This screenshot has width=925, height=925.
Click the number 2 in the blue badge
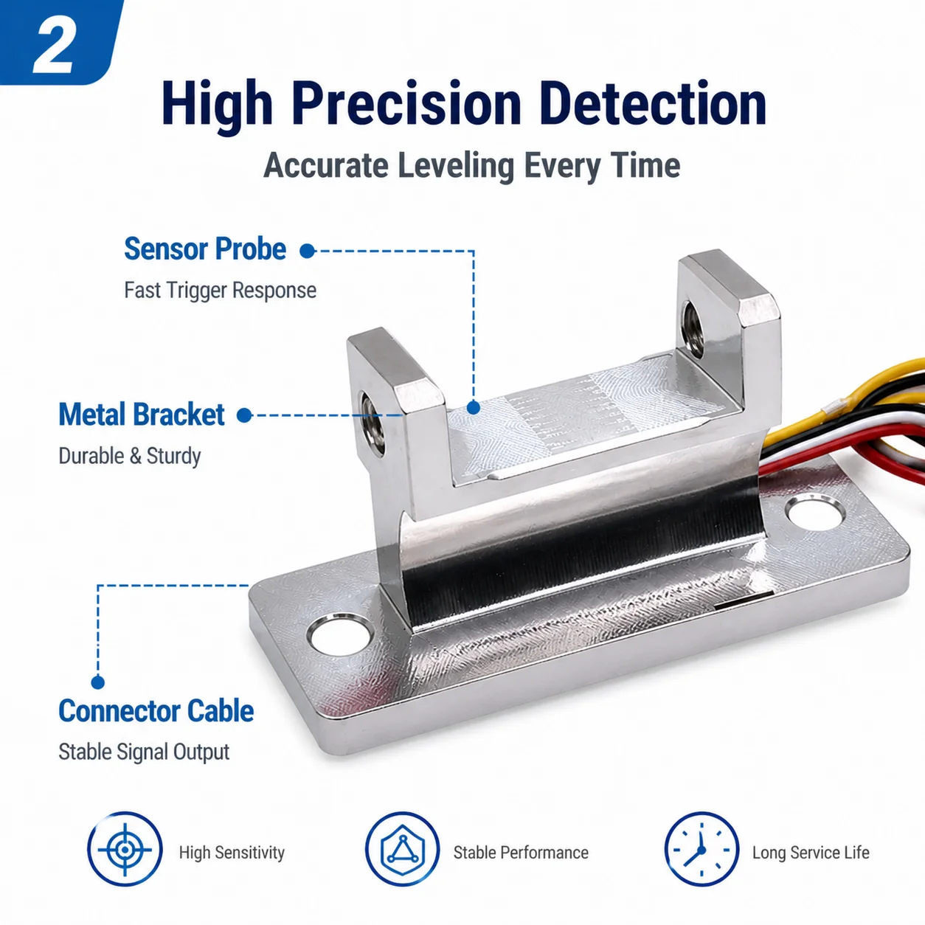[x=54, y=47]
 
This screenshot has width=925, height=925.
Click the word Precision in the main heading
[x=406, y=104]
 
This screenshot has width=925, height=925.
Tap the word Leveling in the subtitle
[x=456, y=167]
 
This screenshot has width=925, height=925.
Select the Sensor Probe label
[x=205, y=249]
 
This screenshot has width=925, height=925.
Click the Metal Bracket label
[x=141, y=415]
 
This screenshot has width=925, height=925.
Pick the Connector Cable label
[x=156, y=711]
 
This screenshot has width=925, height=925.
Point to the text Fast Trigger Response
[x=221, y=291]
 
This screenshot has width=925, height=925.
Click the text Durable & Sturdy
[x=130, y=457]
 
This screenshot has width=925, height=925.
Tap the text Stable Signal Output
[x=144, y=752]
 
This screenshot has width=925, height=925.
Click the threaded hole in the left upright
[x=373, y=423]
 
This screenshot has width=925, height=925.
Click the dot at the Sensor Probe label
[x=307, y=251]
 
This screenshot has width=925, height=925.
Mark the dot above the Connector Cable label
[x=98, y=682]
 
